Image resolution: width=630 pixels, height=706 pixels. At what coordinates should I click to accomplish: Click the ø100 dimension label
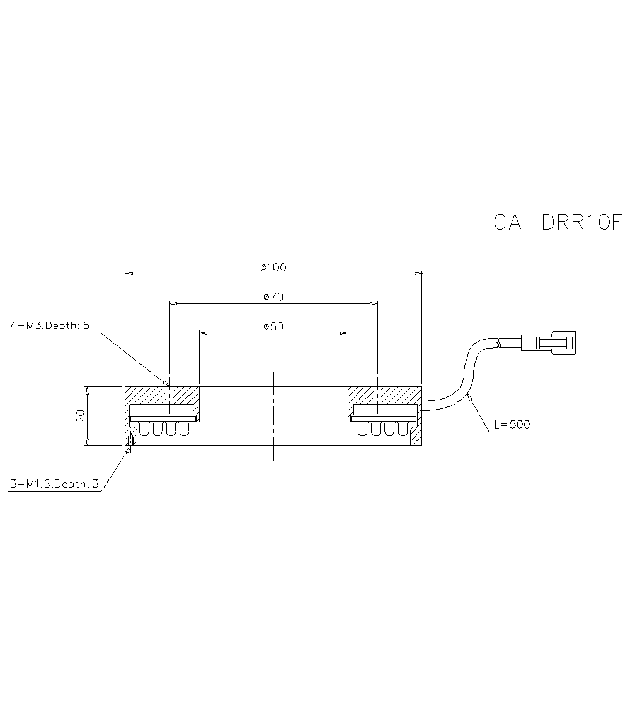point(273,267)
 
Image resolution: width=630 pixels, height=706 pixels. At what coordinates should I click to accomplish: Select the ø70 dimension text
point(273,296)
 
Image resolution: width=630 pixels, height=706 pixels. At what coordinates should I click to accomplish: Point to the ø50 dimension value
point(273,326)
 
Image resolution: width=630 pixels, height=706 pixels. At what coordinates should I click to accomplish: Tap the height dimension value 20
point(81,416)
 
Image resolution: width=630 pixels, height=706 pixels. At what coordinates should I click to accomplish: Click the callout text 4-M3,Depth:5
point(50,325)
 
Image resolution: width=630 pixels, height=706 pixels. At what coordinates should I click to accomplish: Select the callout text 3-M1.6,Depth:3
point(54,484)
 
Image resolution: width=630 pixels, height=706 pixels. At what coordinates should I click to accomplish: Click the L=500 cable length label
point(512,424)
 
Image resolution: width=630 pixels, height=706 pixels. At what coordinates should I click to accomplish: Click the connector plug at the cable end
point(554,343)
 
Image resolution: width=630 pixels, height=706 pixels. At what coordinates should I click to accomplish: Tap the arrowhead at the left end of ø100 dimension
point(129,274)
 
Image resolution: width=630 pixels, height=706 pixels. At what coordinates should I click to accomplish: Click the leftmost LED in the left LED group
point(144,429)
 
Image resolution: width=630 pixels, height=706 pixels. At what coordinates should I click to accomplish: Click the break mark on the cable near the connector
point(499,344)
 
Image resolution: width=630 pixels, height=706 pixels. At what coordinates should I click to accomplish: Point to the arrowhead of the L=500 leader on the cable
point(469,395)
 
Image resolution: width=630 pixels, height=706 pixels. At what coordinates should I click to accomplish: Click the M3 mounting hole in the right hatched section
point(377,395)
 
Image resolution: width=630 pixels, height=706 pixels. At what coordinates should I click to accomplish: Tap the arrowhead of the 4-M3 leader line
point(167,383)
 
